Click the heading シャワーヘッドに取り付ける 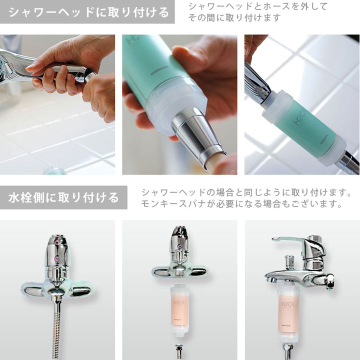89,12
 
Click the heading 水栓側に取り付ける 63,197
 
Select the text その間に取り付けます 234,17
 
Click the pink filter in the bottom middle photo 180,310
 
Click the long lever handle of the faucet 289,240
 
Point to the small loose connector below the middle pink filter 178,351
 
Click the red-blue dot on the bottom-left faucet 57,259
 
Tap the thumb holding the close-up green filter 183,57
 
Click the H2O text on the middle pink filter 178,303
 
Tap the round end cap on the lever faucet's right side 330,280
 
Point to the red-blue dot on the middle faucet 179,246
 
